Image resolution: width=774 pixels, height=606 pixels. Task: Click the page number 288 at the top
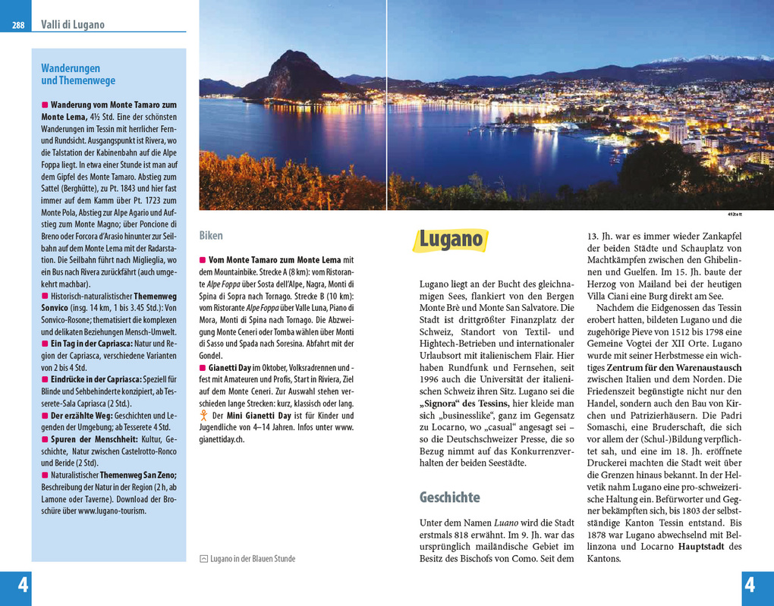click(17, 25)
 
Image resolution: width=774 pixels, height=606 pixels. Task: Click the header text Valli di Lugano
click(73, 24)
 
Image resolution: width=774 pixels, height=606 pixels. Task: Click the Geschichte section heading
click(449, 498)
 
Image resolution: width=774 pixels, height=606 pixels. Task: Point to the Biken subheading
click(211, 236)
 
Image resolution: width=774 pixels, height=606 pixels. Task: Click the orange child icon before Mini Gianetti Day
click(203, 416)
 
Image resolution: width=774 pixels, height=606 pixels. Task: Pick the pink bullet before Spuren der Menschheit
click(45, 439)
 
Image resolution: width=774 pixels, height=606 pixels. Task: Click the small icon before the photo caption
click(203, 559)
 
